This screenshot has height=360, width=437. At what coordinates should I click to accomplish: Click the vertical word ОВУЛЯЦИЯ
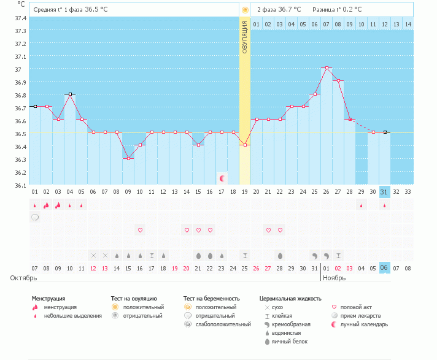click(245, 37)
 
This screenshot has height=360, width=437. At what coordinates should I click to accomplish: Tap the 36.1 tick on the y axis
click(20, 185)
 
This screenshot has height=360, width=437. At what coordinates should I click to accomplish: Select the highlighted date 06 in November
click(385, 268)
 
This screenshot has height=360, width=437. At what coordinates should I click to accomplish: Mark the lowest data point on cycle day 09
click(128, 158)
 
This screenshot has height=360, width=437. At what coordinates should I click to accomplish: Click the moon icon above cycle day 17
click(222, 178)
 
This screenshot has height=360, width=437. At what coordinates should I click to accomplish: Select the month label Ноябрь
click(335, 278)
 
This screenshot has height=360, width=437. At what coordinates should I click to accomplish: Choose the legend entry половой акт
click(356, 307)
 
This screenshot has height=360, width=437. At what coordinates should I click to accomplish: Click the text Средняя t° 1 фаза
click(58, 10)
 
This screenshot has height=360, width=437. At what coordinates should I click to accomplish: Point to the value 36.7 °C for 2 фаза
click(289, 10)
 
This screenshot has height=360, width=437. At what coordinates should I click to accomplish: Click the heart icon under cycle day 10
click(140, 230)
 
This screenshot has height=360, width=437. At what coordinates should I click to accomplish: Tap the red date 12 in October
click(93, 268)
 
